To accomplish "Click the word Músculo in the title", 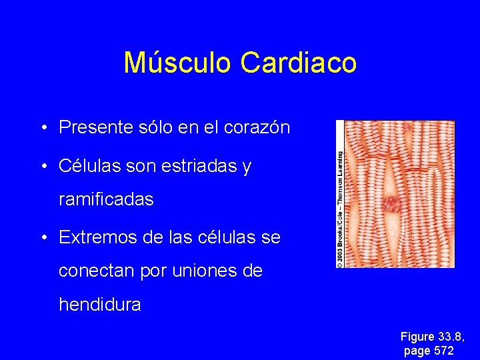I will [179, 63].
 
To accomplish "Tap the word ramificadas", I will [106, 199].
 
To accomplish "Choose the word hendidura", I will [100, 305].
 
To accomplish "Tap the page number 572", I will [443, 351].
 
